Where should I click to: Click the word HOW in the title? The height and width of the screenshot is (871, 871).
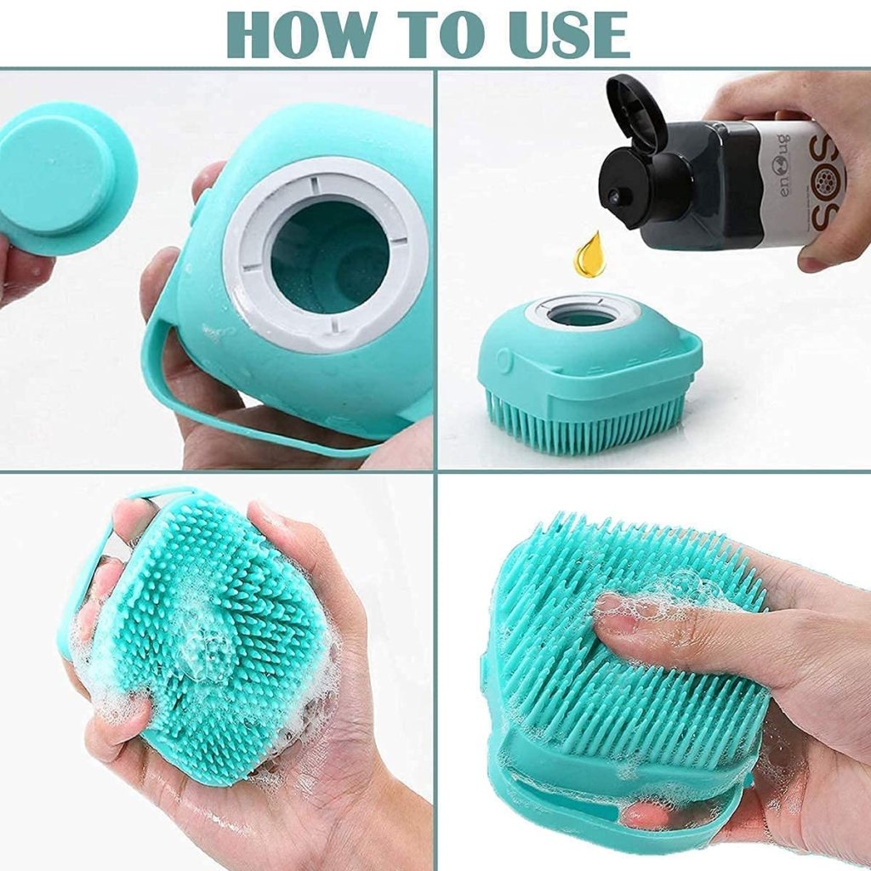click(x=305, y=34)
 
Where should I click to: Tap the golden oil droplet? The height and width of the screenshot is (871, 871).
click(x=589, y=256)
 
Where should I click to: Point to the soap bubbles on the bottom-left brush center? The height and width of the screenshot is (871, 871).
click(x=204, y=646)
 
